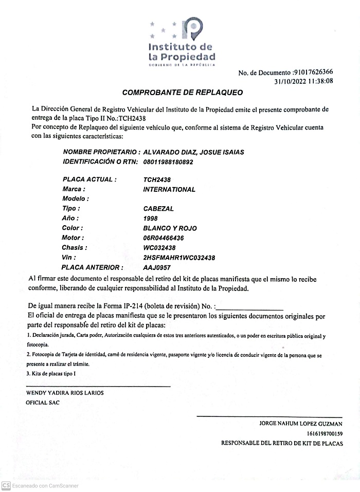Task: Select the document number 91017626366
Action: (313, 72)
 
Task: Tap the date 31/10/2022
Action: (291, 81)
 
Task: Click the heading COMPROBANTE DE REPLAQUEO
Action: (182, 93)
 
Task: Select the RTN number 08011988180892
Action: (168, 162)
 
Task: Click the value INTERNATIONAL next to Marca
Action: (169, 189)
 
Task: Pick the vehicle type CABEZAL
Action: (158, 209)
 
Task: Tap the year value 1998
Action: (151, 218)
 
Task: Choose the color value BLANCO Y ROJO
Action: (170, 228)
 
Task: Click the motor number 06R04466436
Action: (164, 238)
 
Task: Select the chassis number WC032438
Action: (158, 248)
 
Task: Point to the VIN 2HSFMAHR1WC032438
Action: (179, 258)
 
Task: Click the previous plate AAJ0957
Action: (157, 268)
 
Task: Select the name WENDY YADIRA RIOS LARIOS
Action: (65, 393)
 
